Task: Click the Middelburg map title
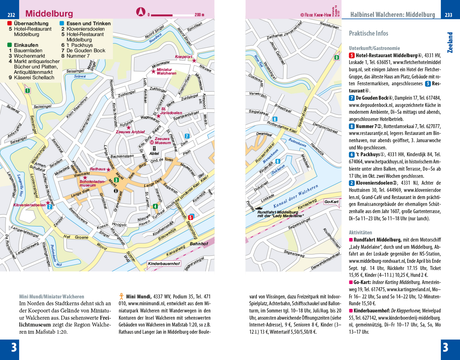click(x=49, y=14)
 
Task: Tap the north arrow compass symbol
click(x=140, y=12)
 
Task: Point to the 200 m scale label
click(x=199, y=15)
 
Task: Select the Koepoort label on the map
click(x=183, y=57)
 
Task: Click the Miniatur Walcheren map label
click(x=166, y=71)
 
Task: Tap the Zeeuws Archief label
click(x=130, y=132)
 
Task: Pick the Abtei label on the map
click(x=154, y=153)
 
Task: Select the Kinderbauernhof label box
click(x=164, y=264)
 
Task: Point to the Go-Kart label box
click(x=331, y=202)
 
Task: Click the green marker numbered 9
click(x=336, y=58)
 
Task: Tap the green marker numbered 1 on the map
click(x=27, y=91)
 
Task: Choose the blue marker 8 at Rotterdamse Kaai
click(x=275, y=119)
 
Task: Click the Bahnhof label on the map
click(x=199, y=244)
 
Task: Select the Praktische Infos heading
click(x=368, y=33)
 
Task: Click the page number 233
click(x=448, y=15)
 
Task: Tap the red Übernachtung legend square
click(x=10, y=23)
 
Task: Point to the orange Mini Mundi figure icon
click(x=122, y=297)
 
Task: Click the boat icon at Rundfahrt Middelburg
click(x=259, y=208)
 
